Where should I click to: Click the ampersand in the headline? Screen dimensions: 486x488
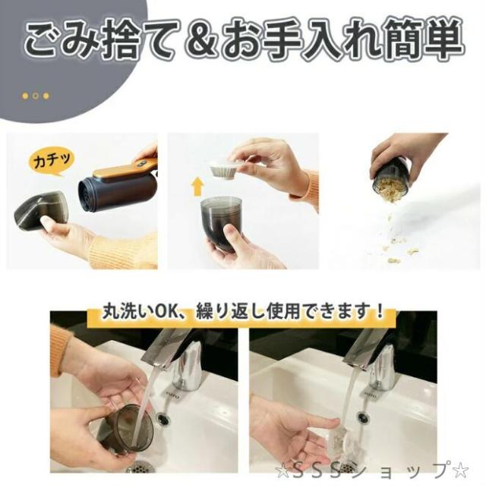coord(204,39)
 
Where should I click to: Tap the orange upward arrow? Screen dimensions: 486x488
coord(197,187)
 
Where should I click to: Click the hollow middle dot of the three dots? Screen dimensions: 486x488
coord(36,96)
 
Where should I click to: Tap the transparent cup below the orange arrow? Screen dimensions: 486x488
coord(221,220)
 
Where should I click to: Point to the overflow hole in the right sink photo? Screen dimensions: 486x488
coord(362,417)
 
